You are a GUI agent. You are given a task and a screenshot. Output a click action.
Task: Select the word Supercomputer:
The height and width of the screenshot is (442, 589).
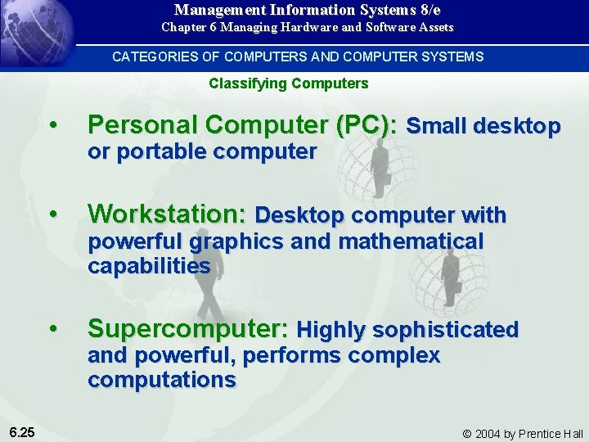pos(187,328)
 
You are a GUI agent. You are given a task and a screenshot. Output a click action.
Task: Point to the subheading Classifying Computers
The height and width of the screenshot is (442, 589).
pos(289,83)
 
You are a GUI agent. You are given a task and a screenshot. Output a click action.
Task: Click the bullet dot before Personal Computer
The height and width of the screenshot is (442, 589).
pos(53,125)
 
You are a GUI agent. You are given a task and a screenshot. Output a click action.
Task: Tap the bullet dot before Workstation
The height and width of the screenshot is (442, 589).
pos(53,214)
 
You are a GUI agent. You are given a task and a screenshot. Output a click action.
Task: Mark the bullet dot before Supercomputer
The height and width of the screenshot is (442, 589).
pos(53,329)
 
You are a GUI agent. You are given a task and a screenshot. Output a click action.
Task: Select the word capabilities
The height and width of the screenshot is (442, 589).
pos(149,266)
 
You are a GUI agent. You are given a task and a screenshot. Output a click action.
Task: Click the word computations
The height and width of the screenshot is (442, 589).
pos(161,380)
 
